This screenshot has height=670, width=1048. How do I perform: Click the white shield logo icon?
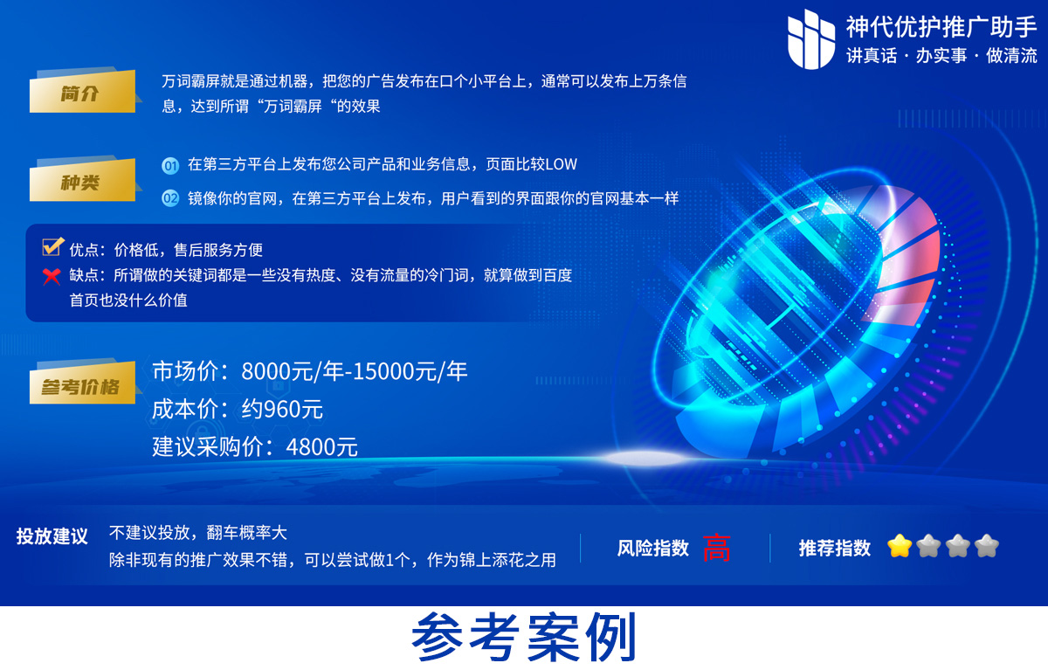811,40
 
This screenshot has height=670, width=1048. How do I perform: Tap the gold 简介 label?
83,90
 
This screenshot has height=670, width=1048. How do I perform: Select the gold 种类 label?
83,179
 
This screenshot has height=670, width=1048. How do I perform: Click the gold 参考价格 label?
83,382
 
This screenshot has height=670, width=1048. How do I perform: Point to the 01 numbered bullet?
170,165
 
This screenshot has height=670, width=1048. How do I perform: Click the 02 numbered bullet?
170,199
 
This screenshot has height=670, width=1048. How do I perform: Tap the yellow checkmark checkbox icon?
53,246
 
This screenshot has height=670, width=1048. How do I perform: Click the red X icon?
52,276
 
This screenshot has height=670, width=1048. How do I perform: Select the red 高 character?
716,548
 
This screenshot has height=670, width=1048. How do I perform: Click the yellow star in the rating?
900,546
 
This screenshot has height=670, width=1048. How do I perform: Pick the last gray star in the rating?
987,546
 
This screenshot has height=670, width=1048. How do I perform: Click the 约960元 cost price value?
282,410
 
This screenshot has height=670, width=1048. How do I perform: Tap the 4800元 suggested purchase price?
322,447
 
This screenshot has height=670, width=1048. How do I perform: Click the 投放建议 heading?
52,536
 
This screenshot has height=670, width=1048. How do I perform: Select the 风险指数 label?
653,548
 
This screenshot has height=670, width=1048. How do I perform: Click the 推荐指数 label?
835,548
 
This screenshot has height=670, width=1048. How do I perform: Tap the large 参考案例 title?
524,638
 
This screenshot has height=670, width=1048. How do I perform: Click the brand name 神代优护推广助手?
941,27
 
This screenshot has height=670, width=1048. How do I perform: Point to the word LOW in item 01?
562,164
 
